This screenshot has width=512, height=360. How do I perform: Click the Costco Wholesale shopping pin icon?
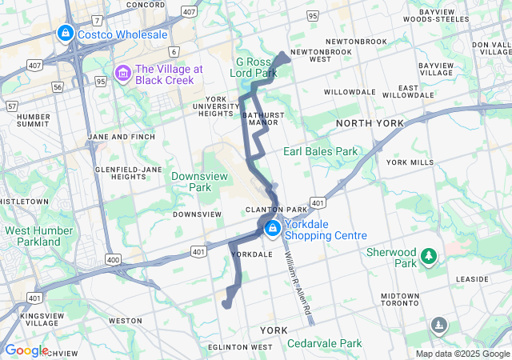65,34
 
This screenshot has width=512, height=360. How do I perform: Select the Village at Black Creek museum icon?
123,74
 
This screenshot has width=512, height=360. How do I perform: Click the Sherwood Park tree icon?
430,256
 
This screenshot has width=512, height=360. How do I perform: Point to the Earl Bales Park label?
320,151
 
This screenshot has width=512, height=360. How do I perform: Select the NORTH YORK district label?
370,123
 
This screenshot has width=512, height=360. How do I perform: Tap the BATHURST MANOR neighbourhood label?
262,119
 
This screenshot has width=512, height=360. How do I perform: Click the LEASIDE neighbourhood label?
471,279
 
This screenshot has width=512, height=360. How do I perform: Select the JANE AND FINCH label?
120,137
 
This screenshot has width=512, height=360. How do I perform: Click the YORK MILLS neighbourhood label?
410,162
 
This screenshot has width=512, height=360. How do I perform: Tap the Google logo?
26,350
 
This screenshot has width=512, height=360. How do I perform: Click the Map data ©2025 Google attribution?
462,354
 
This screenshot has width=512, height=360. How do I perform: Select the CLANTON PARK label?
276,210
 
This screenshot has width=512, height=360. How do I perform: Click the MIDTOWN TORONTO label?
399,300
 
